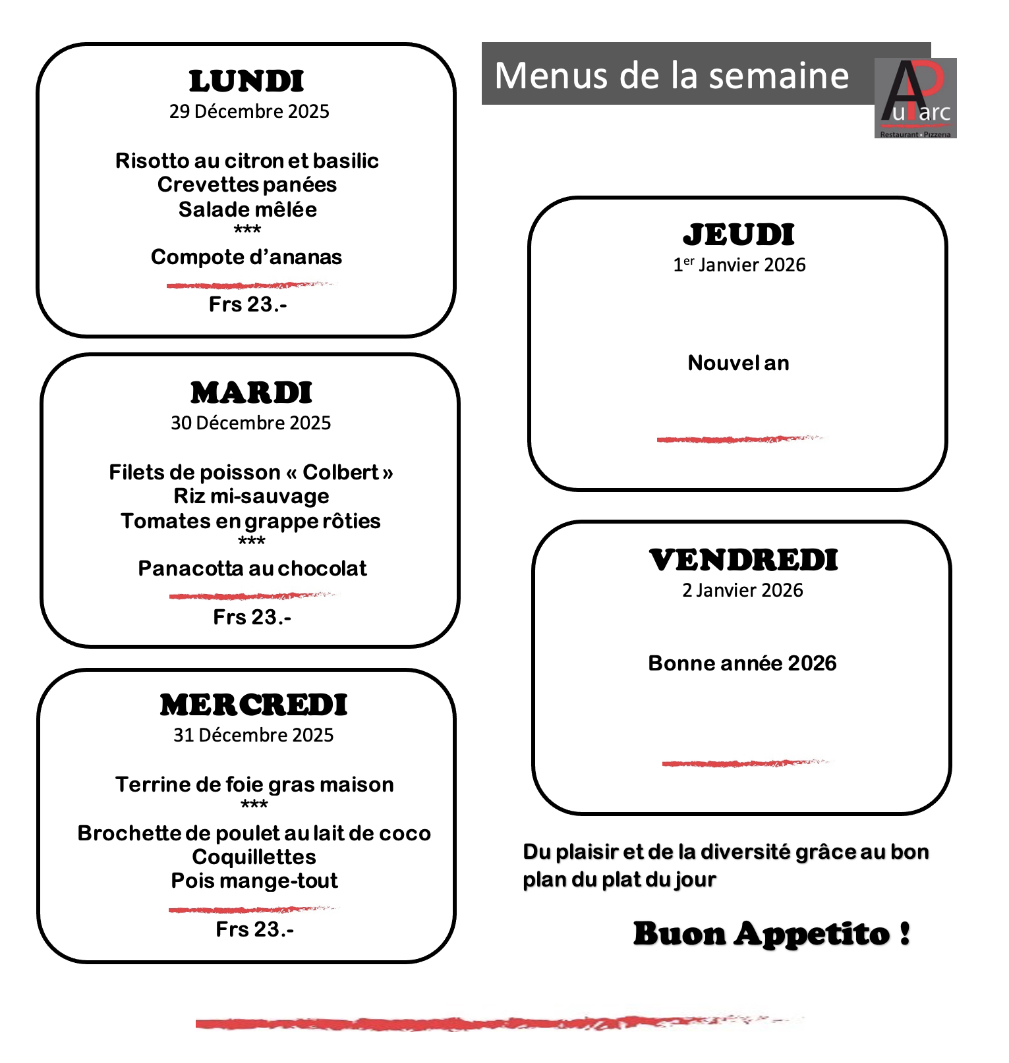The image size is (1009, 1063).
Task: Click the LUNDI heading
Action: (246, 82)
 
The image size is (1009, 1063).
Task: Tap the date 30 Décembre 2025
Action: (250, 423)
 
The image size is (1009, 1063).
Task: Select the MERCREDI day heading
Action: (254, 705)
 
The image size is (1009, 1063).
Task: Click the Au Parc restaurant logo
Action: (915, 98)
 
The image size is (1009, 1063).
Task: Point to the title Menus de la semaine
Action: (672, 75)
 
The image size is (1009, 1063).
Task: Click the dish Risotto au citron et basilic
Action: (247, 161)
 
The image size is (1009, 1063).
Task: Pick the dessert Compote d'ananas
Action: (246, 257)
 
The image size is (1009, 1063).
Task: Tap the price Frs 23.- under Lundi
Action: (248, 304)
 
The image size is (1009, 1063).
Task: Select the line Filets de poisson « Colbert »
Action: (251, 472)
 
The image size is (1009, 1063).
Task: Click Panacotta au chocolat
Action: (252, 568)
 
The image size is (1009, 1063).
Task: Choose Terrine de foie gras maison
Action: (254, 784)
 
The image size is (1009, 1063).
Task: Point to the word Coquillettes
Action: (254, 857)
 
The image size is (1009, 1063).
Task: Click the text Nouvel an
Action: (738, 363)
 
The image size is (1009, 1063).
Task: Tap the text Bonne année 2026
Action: (742, 663)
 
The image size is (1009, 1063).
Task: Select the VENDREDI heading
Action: (743, 560)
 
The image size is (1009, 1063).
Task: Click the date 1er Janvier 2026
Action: (739, 265)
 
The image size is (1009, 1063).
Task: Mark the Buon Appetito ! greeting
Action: (772, 934)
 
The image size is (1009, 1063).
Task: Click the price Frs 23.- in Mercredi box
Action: (255, 929)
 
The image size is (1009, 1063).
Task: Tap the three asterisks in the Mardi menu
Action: (252, 541)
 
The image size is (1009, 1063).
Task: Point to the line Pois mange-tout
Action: (254, 881)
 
